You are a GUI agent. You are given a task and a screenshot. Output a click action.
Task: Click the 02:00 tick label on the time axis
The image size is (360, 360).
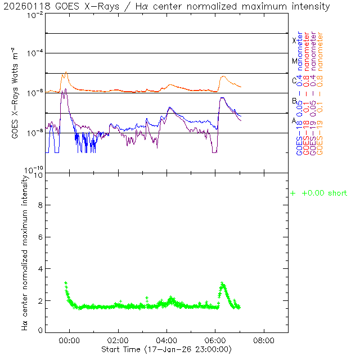coord(118,341)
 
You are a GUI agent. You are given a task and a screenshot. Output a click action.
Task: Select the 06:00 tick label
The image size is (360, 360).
coord(215,341)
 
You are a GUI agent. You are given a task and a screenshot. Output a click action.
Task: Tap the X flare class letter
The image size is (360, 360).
coord(294,40)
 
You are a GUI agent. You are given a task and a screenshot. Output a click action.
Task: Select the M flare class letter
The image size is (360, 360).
coord(294,61)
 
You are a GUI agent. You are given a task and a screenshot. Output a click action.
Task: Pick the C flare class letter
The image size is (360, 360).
coord(294,80)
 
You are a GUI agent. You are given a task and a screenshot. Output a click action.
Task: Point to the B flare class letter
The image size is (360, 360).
coord(294,101)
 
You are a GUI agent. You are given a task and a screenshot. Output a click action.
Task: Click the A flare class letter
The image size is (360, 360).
coord(294,120)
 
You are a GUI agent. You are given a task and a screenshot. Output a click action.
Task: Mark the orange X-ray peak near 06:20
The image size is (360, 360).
coord(223,76)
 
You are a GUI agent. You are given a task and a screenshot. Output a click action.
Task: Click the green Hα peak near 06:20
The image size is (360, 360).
coord(222,283)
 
